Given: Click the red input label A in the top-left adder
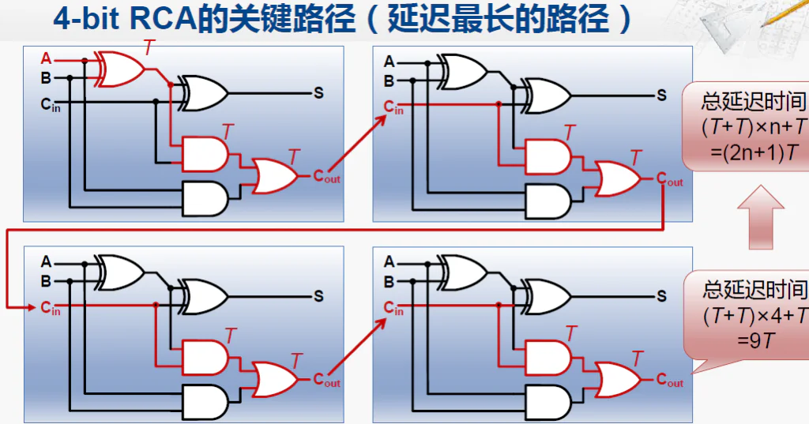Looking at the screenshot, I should click(x=46, y=58).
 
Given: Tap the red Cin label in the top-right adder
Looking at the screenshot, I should click(x=393, y=107).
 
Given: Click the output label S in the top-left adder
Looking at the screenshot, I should click(x=318, y=93).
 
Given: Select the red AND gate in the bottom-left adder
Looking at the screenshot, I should click(x=204, y=354).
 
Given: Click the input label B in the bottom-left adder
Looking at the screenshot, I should click(x=46, y=280).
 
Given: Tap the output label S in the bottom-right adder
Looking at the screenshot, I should click(x=661, y=296).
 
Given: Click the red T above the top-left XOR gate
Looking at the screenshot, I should click(x=149, y=48).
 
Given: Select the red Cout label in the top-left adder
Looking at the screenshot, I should click(x=326, y=177).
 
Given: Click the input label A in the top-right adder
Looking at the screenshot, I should click(x=389, y=62).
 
